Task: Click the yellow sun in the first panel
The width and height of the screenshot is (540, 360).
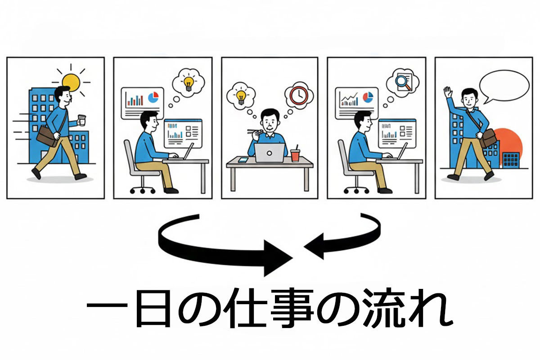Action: tap(71, 82)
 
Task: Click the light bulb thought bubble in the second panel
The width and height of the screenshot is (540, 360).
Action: tap(188, 83)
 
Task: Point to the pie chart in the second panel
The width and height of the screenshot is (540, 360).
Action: tap(153, 97)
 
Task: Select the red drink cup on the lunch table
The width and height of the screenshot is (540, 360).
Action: tap(295, 155)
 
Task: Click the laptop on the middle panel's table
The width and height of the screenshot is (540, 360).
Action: tap(270, 153)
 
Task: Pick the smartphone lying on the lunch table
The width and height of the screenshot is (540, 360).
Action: tap(243, 160)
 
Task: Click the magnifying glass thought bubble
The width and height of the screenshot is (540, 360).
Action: tap(402, 82)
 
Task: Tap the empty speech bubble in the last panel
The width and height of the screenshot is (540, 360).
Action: tap(504, 85)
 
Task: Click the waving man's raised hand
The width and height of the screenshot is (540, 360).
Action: tap(447, 92)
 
